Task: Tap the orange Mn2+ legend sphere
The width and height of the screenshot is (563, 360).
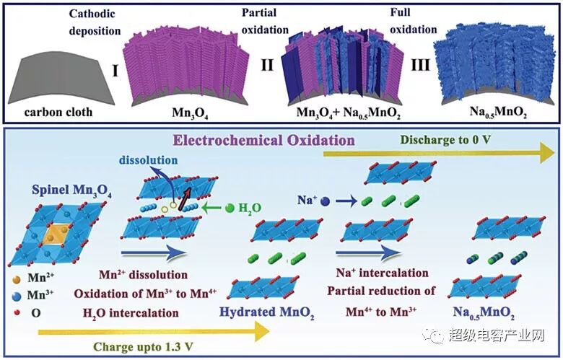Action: (17, 276)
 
